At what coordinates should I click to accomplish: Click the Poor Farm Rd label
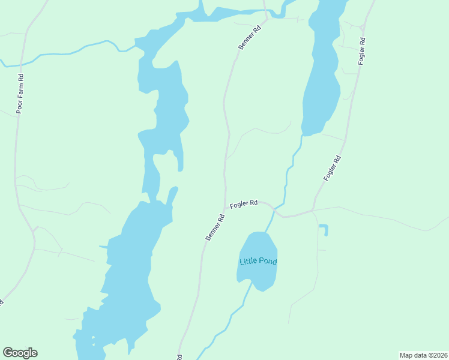tap(20, 94)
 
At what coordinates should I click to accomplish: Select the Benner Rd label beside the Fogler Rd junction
tap(215, 227)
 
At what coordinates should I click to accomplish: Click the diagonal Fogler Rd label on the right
tap(332, 168)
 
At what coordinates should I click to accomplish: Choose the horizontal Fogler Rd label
tap(244, 203)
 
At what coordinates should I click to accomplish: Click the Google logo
tap(20, 352)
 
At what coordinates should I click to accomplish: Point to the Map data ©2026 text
tap(423, 355)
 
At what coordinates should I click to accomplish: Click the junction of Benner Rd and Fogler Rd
tap(225, 208)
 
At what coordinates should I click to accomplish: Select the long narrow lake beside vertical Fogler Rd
tap(321, 72)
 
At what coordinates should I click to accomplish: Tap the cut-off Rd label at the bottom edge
tap(179, 356)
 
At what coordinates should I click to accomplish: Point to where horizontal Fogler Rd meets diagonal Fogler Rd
tap(313, 210)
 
